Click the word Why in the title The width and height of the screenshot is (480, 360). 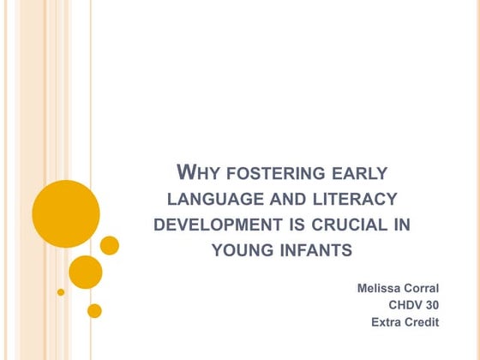click(x=198, y=172)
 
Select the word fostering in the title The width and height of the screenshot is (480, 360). click(x=275, y=173)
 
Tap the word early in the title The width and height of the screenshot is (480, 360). click(x=360, y=173)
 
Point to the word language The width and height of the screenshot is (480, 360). click(x=215, y=199)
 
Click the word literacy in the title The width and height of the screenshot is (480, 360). click(x=355, y=199)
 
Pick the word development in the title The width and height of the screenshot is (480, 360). click(x=218, y=225)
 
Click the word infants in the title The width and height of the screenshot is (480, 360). click(x=316, y=250)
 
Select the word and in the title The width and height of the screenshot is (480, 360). click(x=288, y=199)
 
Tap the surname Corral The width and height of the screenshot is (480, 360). click(x=422, y=288)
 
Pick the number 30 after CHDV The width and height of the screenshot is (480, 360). click(x=432, y=305)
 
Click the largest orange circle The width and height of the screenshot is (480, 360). click(x=66, y=213)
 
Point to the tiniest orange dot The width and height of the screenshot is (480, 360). click(x=61, y=292)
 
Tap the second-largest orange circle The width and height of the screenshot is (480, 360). click(x=86, y=273)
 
